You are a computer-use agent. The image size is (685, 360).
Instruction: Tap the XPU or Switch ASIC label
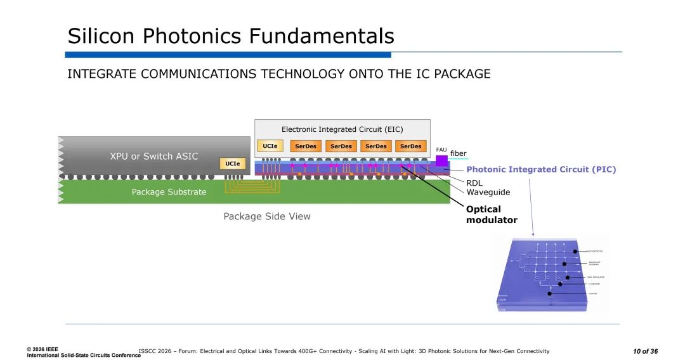coord(154,156)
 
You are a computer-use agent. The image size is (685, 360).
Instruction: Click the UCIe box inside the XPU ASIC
coord(233,164)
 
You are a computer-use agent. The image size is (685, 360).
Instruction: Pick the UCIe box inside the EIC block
coord(270,146)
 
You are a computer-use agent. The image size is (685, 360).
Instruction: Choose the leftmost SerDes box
coord(306,146)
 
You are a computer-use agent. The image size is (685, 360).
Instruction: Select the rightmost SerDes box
coord(411,146)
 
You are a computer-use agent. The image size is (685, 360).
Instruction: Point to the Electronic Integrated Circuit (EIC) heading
coord(342,129)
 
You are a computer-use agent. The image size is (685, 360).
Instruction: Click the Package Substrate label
coord(169,192)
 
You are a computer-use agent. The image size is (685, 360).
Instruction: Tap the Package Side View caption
coord(267,217)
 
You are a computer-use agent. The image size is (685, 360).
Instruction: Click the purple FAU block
coord(441,161)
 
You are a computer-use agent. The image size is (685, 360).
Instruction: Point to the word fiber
coord(458,153)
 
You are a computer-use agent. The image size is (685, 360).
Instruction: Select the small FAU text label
coord(441,150)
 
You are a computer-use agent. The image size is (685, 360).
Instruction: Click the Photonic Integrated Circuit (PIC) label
coord(541,170)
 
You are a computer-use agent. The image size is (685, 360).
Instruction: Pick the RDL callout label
coord(474,183)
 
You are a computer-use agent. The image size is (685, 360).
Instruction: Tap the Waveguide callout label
coord(488,192)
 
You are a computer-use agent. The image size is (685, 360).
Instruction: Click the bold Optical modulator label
coord(492,215)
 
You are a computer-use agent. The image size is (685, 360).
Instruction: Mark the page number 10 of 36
coord(645,352)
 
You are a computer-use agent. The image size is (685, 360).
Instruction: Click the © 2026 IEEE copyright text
coord(42,349)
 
